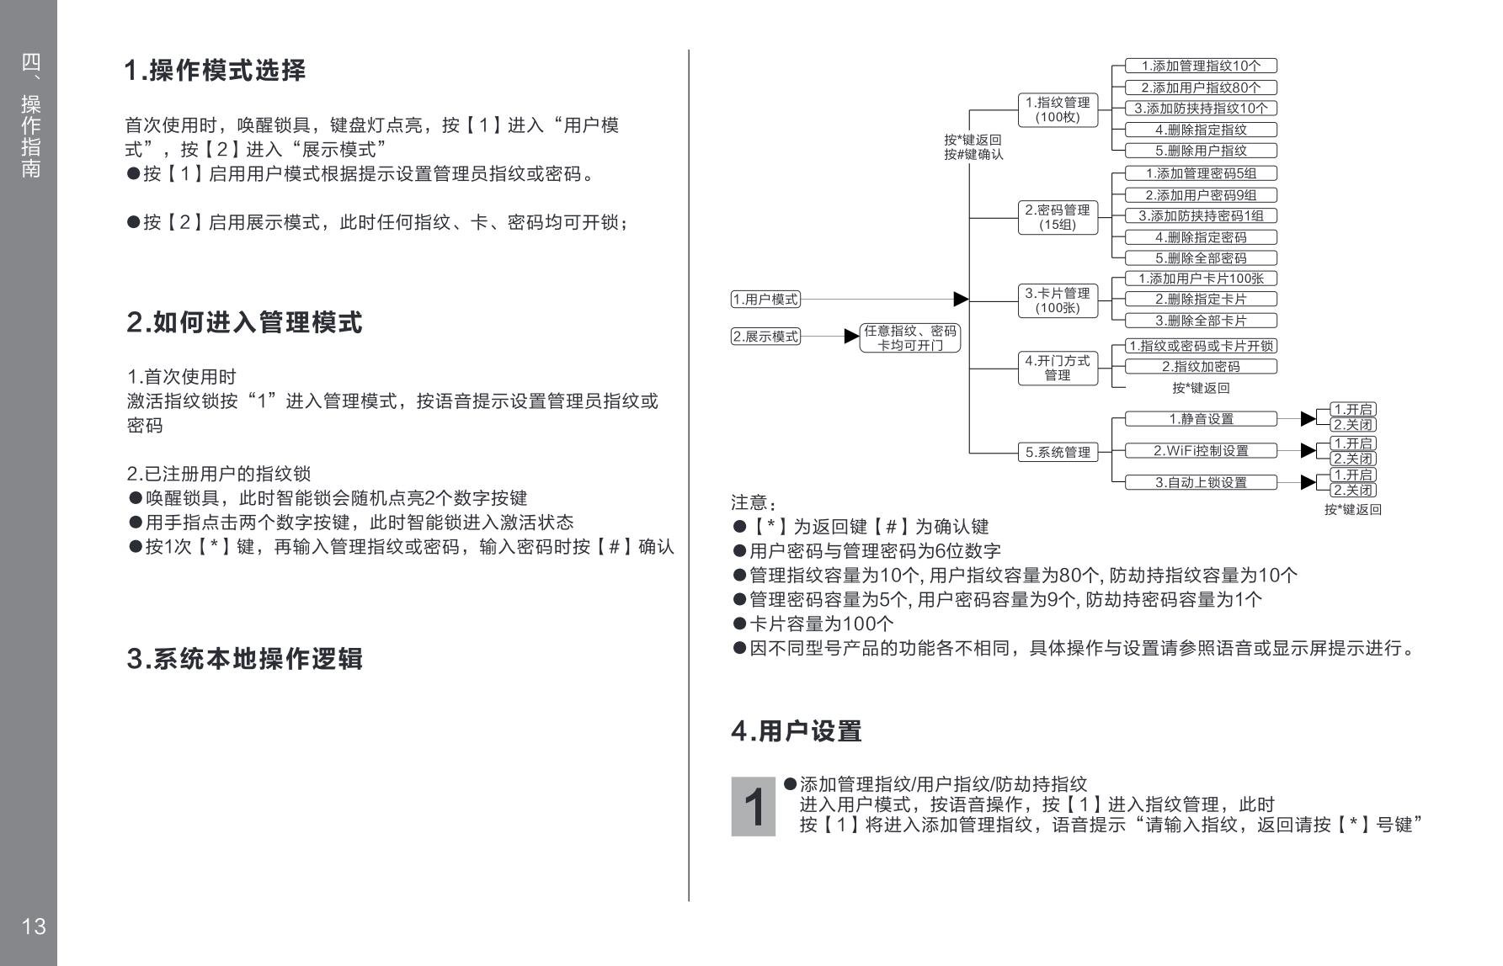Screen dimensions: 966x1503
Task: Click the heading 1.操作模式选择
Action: (215, 71)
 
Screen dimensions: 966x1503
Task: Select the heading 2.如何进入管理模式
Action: (244, 322)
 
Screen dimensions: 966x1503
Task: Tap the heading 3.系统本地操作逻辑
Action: (244, 659)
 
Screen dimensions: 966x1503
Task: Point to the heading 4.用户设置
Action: (796, 731)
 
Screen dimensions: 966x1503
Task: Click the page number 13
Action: (34, 926)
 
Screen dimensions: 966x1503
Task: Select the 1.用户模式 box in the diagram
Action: (765, 300)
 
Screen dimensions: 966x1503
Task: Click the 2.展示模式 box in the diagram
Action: (765, 337)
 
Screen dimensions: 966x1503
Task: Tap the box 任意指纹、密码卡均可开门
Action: (909, 337)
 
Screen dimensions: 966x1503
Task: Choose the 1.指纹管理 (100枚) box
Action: (1057, 109)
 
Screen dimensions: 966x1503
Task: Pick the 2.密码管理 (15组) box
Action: (1057, 217)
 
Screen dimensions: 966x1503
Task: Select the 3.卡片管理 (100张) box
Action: (1057, 300)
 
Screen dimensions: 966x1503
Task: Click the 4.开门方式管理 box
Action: (1057, 368)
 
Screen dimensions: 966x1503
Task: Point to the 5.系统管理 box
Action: (1057, 452)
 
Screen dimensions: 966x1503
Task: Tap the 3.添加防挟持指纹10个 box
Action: (1201, 109)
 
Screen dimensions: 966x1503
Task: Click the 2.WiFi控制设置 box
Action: (1201, 451)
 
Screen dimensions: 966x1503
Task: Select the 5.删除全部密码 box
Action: (1201, 258)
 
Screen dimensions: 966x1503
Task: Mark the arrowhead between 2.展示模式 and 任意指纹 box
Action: (851, 337)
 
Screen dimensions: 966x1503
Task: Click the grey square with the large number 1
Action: (753, 806)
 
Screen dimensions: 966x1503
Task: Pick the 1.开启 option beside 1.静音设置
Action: (1352, 410)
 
